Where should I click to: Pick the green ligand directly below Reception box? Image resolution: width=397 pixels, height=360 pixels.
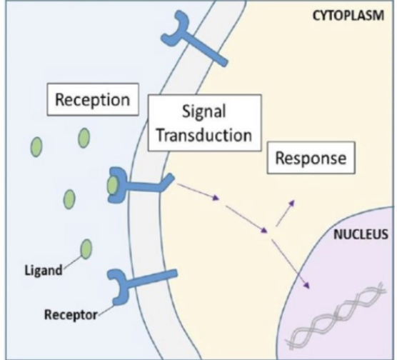84,136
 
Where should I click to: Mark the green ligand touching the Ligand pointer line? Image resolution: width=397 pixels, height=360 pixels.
86,249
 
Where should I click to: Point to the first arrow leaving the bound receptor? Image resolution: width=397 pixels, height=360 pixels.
196,194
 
